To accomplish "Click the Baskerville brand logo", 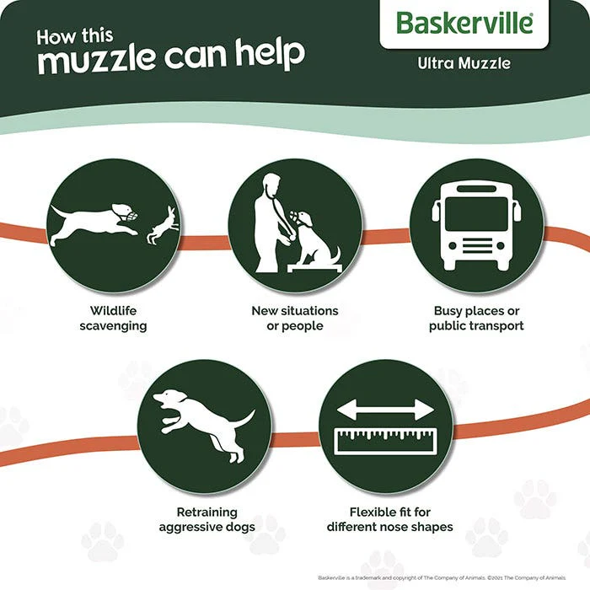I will click(464, 23).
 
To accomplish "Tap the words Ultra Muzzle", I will click(464, 62).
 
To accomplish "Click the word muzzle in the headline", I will click(101, 58).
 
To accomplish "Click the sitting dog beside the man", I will click(314, 237).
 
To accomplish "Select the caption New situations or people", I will click(294, 318).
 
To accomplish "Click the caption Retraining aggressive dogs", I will click(206, 519).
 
